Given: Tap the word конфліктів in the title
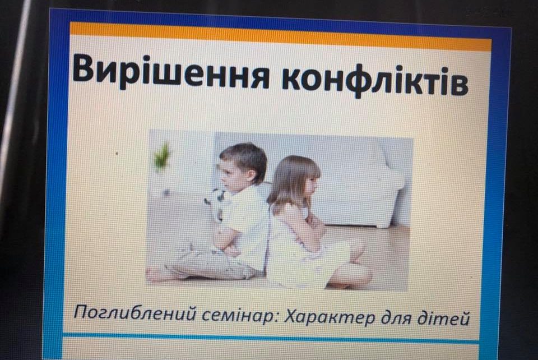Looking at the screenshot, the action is tap(375, 81).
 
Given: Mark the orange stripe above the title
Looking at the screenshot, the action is tap(280, 35).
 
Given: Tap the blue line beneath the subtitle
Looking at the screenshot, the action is tap(271, 337).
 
